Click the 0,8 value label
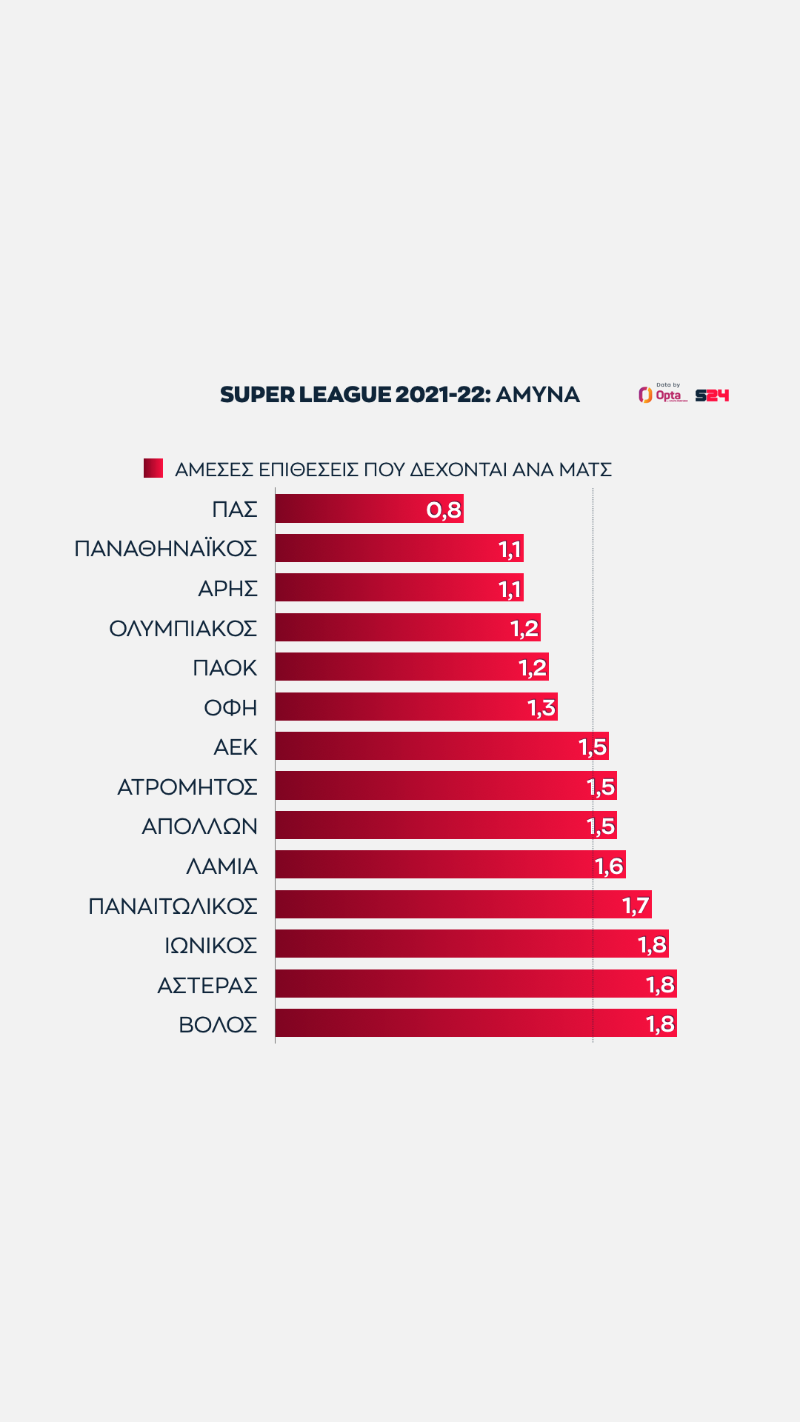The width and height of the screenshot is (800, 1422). pyautogui.click(x=444, y=510)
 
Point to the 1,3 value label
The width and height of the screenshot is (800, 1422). pyautogui.click(x=541, y=708)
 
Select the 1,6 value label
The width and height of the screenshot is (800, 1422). pyautogui.click(x=610, y=866)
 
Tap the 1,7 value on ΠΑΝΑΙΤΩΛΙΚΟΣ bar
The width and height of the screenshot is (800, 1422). pyautogui.click(x=636, y=905)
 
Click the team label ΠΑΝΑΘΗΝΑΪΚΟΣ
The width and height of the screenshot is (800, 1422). pyautogui.click(x=166, y=549)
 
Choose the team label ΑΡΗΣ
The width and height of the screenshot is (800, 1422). pyautogui.click(x=228, y=589)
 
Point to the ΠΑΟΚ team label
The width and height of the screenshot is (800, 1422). pyautogui.click(x=225, y=668)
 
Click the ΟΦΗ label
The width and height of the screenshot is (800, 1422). pyautogui.click(x=231, y=708)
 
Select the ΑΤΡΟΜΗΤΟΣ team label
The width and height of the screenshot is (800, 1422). pyautogui.click(x=187, y=787)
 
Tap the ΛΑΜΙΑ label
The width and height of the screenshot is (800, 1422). pyautogui.click(x=222, y=866)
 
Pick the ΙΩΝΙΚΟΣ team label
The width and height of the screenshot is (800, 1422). pyautogui.click(x=211, y=945)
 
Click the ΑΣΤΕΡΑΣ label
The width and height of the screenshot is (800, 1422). pyautogui.click(x=207, y=985)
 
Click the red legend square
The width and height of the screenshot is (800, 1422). pyautogui.click(x=153, y=468)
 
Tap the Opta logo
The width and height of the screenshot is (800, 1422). pyautogui.click(x=663, y=395)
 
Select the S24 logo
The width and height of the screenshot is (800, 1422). pyautogui.click(x=712, y=395)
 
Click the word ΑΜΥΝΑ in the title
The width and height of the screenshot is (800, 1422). pyautogui.click(x=538, y=395)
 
